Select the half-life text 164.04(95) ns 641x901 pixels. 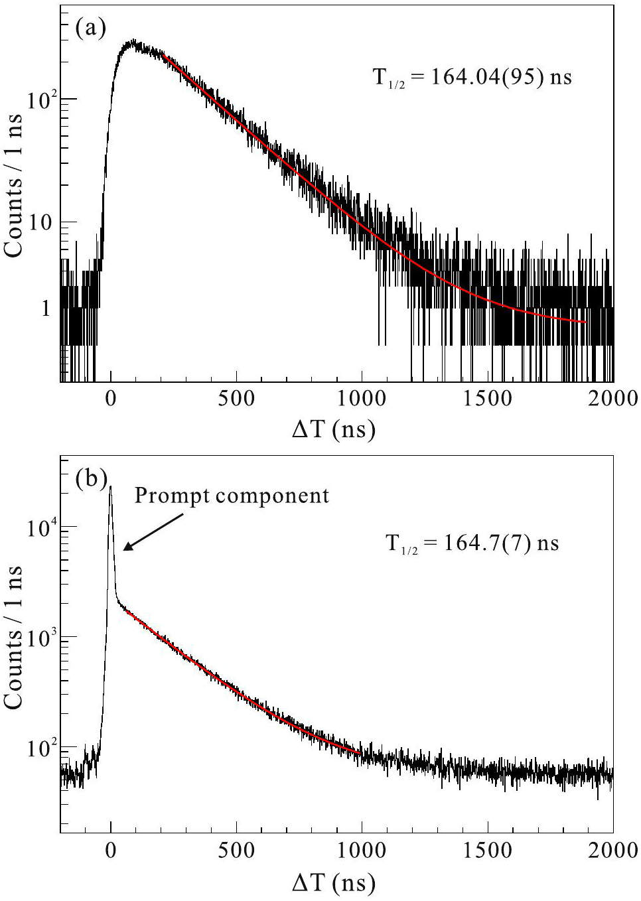472,78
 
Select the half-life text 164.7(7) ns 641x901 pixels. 472,544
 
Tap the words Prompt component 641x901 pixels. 232,496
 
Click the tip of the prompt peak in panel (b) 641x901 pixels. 110,486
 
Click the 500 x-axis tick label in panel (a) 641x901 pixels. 236,398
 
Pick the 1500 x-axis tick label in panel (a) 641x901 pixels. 488,398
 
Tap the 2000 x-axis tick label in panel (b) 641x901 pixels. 612,850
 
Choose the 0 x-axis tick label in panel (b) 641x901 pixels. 111,850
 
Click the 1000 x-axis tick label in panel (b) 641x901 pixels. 362,850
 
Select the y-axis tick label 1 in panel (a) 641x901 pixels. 46,308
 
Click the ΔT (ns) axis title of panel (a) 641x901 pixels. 334,430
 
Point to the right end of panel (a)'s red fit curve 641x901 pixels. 586,322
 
